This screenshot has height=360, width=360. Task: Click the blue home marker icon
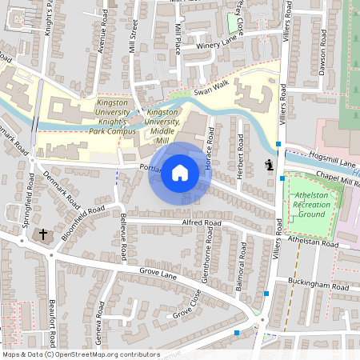pos(180,172)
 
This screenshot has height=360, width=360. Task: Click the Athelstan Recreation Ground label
pos(310,205)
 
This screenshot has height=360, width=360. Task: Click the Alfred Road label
pos(201,223)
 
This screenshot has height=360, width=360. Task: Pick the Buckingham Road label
pos(318,286)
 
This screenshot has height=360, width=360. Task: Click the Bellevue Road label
pos(122,230)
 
